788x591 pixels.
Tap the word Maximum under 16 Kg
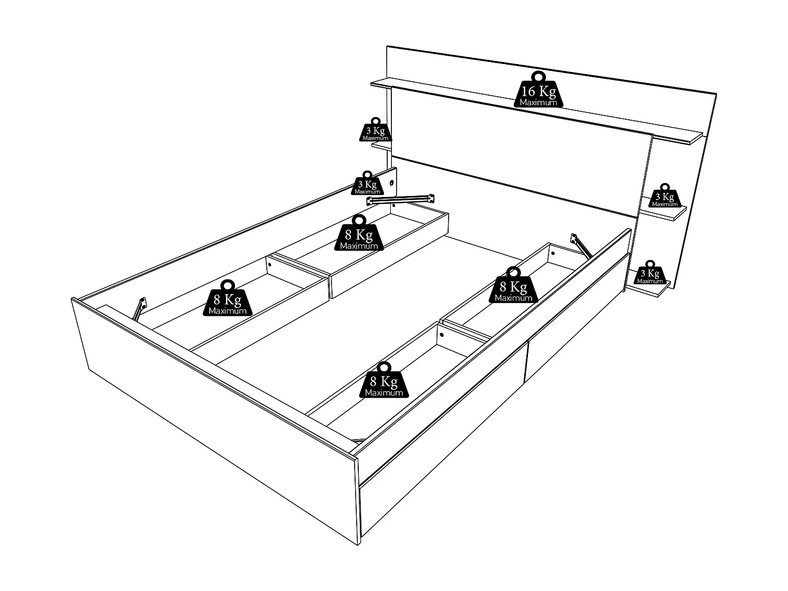[538, 102]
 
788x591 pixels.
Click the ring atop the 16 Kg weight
[538, 76]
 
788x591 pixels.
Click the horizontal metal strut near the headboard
[400, 200]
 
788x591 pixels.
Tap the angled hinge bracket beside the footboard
[140, 308]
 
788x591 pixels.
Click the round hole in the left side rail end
[392, 183]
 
